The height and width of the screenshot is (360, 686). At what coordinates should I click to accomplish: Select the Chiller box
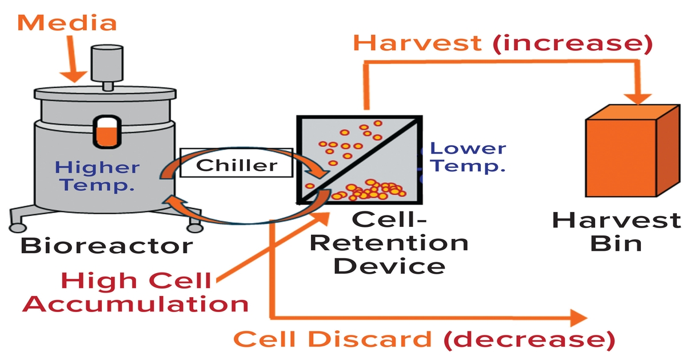(x=236, y=165)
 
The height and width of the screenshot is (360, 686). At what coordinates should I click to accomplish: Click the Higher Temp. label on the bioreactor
(x=98, y=176)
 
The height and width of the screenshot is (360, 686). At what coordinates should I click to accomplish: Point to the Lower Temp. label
(x=467, y=157)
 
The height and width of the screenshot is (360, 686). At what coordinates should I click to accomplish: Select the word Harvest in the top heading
(x=417, y=43)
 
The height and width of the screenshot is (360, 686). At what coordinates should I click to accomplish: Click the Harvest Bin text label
(x=616, y=231)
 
